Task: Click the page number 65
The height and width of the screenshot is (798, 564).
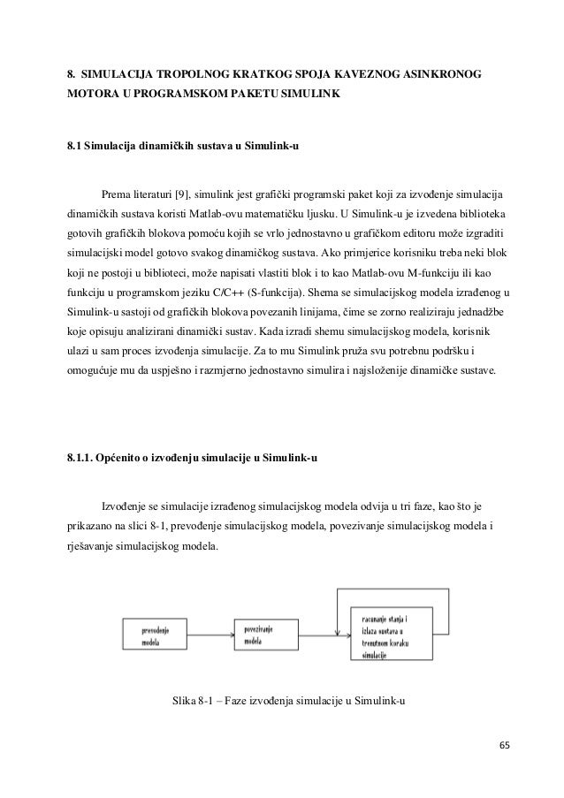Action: tap(505, 744)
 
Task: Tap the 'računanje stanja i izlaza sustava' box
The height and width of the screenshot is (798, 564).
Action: tap(395, 636)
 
